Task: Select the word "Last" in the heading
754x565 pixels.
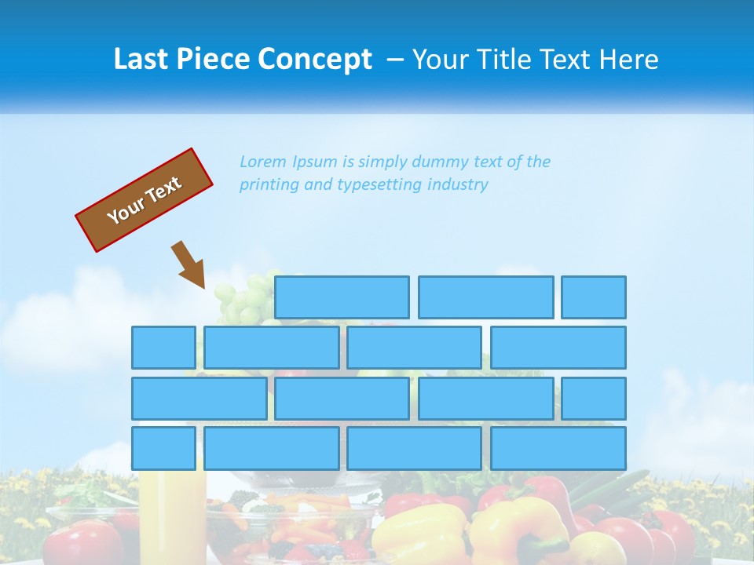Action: (142, 60)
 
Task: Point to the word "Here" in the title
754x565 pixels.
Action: (628, 60)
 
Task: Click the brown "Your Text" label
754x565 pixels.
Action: (145, 200)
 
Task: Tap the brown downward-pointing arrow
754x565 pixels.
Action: (189, 264)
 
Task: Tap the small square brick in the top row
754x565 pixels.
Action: (594, 297)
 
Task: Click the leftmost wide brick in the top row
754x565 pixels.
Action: (342, 297)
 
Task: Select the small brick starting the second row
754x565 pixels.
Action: (163, 348)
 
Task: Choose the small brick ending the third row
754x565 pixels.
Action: (594, 399)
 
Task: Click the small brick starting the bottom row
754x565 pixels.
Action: (163, 448)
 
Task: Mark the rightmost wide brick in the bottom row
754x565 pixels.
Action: (558, 448)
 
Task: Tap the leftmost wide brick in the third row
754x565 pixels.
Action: (199, 399)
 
